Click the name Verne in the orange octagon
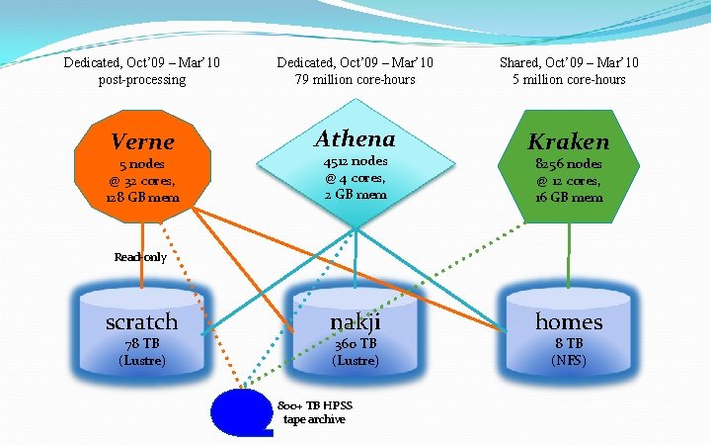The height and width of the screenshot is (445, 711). tap(142, 142)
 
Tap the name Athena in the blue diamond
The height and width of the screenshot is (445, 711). tap(355, 138)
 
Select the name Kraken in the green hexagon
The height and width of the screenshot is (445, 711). tap(569, 142)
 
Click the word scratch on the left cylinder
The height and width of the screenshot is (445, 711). tap(142, 321)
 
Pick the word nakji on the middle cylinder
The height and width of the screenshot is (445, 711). tap(355, 321)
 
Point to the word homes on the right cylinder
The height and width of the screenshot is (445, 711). tap(569, 321)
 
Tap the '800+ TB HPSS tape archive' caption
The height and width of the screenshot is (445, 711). tap(315, 412)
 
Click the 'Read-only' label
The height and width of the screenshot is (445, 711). tap(140, 257)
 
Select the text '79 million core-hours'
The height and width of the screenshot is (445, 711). tap(355, 79)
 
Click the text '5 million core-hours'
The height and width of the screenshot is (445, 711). tap(569, 79)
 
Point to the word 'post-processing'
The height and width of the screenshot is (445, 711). tap(142, 79)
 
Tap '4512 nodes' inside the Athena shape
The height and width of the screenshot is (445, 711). tap(355, 161)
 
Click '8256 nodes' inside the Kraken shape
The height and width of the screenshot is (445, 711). tap(569, 164)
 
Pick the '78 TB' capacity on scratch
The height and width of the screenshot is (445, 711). tap(142, 344)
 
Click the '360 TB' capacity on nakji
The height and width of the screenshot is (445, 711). tap(355, 344)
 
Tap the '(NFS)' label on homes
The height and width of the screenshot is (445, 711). tap(569, 360)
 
